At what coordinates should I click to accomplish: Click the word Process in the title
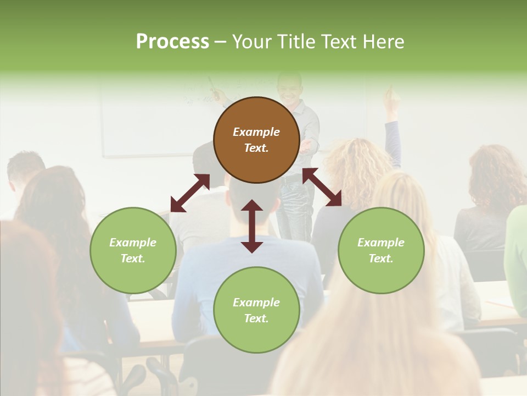(172, 42)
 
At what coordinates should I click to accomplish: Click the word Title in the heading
(296, 42)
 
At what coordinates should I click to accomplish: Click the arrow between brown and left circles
(190, 193)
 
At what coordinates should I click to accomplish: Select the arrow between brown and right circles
(322, 187)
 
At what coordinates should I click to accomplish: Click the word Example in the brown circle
(256, 132)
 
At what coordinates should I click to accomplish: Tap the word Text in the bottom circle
(256, 318)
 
